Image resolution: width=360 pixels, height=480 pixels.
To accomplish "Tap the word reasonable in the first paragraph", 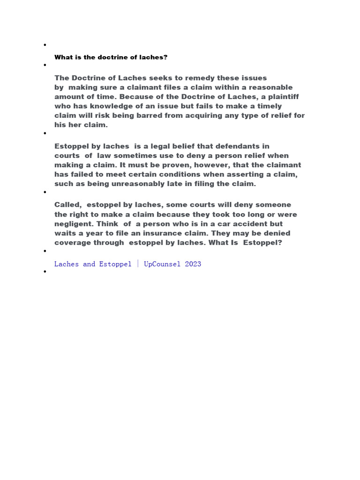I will (x=270, y=87).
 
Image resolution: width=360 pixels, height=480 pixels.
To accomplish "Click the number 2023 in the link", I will (x=193, y=264).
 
